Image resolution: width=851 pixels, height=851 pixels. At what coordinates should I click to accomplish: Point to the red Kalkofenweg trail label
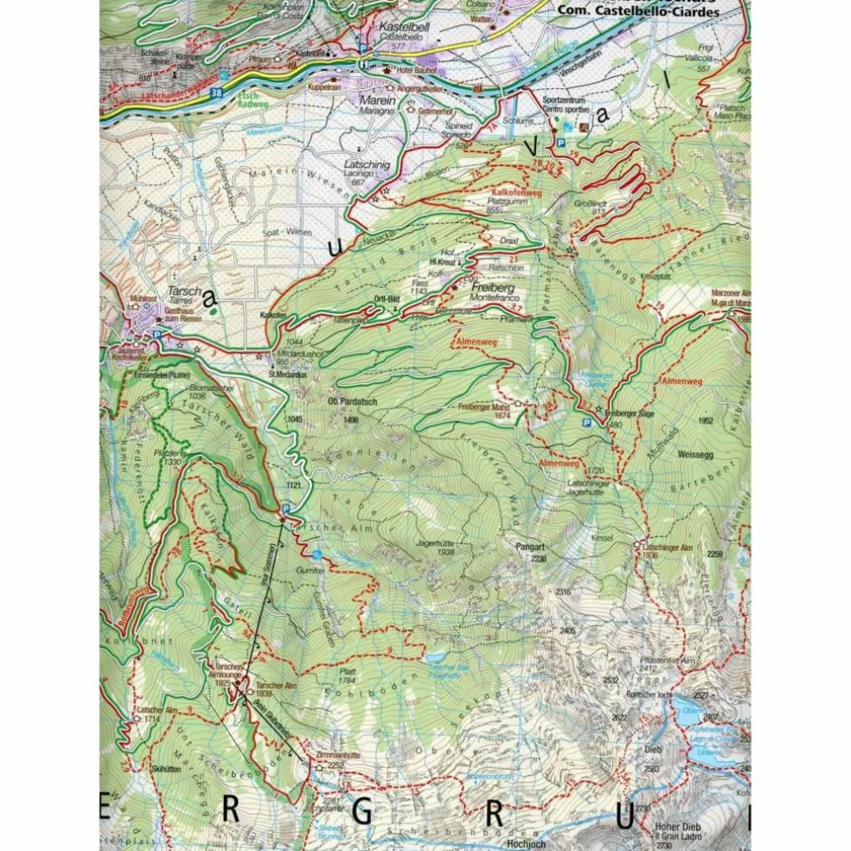point(515,192)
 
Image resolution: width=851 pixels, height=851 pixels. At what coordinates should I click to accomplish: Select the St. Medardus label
point(283,374)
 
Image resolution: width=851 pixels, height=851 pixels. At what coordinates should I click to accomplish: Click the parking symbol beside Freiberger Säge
point(587,423)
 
